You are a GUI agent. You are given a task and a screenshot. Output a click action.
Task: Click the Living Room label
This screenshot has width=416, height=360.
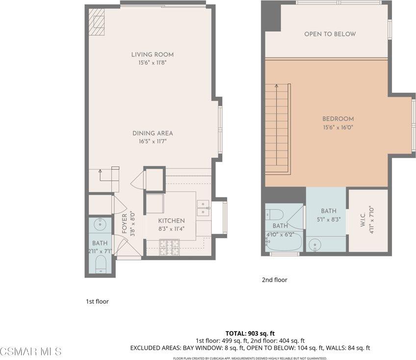point(152,55)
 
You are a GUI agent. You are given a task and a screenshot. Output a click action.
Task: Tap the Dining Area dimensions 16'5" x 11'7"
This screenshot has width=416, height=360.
point(152,141)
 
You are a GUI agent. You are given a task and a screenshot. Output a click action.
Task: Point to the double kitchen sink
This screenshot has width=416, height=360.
point(203,208)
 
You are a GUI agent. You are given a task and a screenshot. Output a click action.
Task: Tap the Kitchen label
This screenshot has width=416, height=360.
point(171,221)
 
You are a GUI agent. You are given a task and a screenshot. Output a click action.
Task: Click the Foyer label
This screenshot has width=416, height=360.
point(124,225)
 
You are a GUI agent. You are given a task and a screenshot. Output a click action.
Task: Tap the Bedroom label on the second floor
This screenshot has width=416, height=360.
point(338,119)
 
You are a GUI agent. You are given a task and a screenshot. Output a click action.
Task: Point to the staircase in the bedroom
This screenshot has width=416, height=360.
point(278,128)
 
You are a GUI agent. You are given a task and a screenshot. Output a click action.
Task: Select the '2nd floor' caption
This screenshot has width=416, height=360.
point(274,280)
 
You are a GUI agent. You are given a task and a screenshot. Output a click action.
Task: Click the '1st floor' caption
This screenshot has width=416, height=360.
point(97,302)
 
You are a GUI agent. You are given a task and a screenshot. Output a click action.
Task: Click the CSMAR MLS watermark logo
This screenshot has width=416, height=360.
point(31,351)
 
